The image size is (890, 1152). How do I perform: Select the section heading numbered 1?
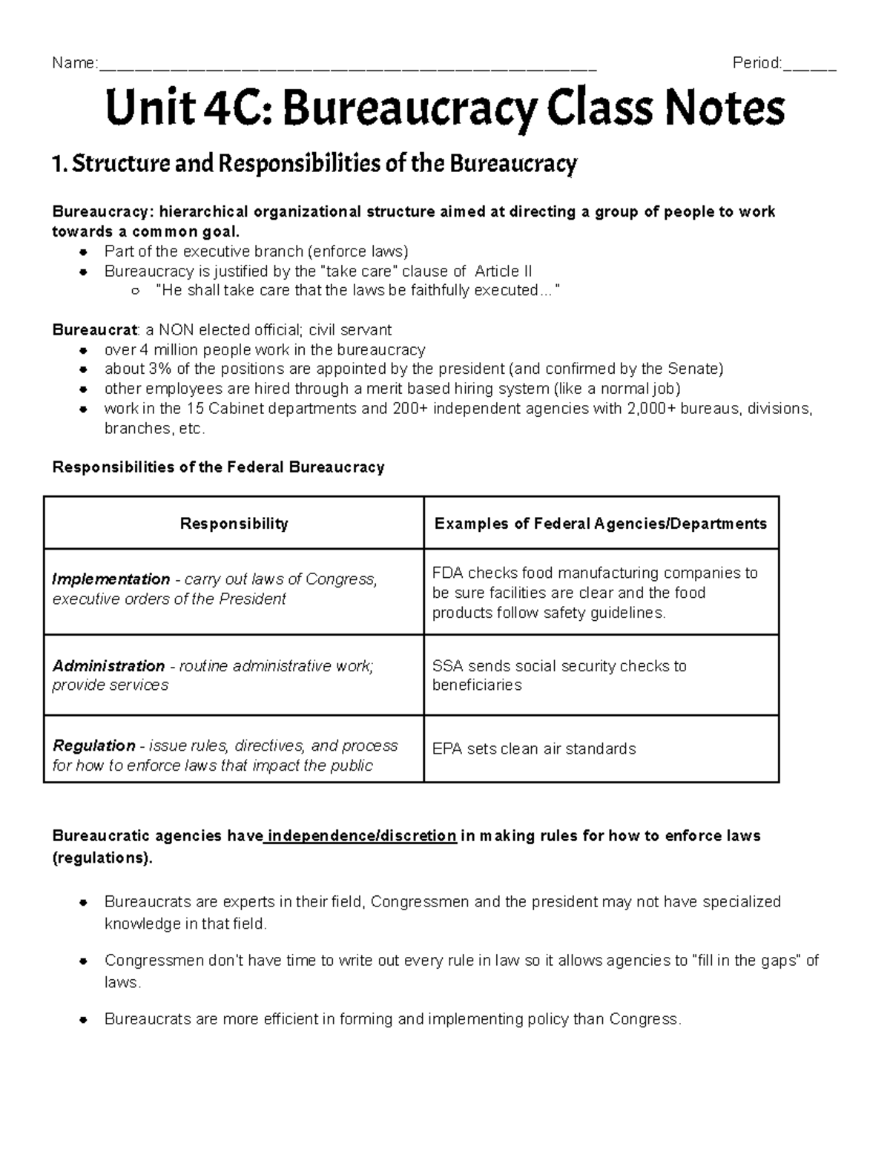314,164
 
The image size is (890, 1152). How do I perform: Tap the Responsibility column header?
234,524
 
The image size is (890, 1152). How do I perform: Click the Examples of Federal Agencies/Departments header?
600,524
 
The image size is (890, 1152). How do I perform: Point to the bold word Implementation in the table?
111,579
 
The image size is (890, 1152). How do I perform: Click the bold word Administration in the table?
108,666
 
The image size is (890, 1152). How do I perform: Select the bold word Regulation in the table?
94,745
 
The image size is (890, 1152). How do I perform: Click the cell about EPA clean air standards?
534,749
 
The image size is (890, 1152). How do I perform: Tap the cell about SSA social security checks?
559,675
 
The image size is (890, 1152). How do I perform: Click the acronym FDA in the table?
446,573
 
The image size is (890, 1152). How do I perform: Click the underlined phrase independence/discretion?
361,836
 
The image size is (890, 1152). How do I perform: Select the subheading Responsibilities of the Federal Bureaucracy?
218,467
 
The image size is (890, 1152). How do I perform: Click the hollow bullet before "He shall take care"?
135,292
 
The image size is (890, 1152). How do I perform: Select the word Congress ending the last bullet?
643,1019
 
